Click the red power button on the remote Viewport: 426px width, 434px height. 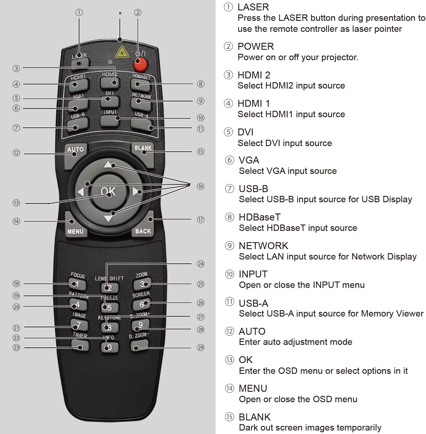pyautogui.click(x=140, y=65)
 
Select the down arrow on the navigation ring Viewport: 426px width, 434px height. pyautogui.click(x=108, y=218)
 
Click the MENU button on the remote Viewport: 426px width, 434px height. pyautogui.click(x=75, y=227)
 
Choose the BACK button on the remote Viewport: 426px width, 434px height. pyautogui.click(x=143, y=227)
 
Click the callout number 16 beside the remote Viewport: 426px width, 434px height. pyautogui.click(x=201, y=186)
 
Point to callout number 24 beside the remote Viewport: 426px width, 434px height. pyautogui.click(x=201, y=264)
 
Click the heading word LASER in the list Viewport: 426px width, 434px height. pyautogui.click(x=253, y=7)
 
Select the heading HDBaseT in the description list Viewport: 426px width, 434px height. pyautogui.click(x=260, y=217)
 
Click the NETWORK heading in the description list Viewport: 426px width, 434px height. pyautogui.click(x=263, y=246)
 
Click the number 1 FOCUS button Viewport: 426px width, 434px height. pyautogui.click(x=77, y=284)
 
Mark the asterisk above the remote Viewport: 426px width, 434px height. pyautogui.click(x=120, y=14)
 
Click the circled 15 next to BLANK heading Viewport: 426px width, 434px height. pyautogui.click(x=229, y=417)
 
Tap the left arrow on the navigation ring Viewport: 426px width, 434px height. pyautogui.click(x=80, y=192)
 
